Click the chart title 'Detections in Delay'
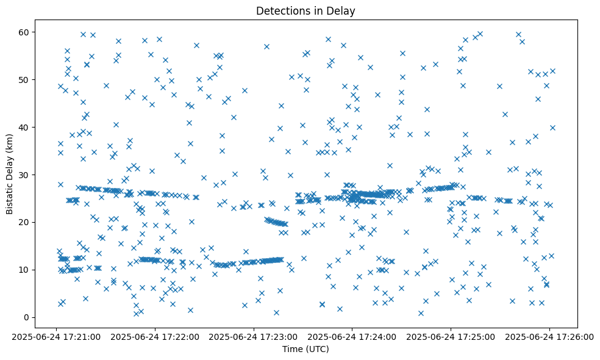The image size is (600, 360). pyautogui.click(x=305, y=10)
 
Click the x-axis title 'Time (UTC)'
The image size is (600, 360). pyautogui.click(x=305, y=349)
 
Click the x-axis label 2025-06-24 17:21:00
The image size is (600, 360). pyautogui.click(x=56, y=336)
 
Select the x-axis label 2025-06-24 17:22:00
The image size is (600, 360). pyautogui.click(x=155, y=336)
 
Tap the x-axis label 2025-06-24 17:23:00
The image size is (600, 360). pyautogui.click(x=254, y=336)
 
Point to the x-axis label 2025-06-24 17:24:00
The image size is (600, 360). pyautogui.click(x=352, y=336)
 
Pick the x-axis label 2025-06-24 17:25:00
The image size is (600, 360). pyautogui.click(x=451, y=336)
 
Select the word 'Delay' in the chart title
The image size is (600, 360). pyautogui.click(x=343, y=10)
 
